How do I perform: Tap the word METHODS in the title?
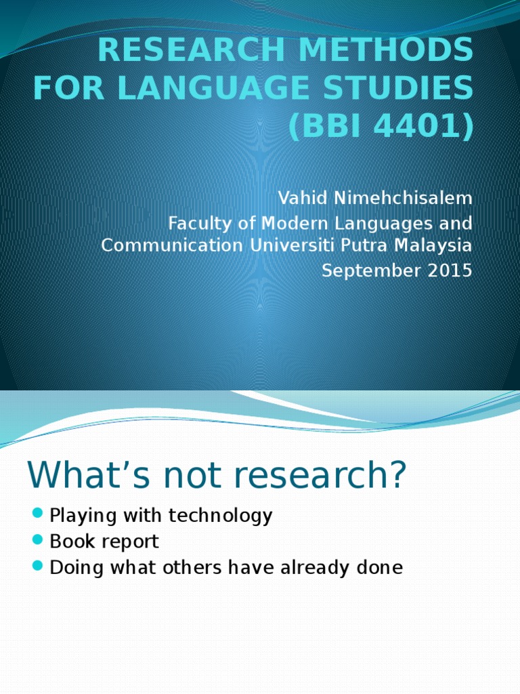coord(399,49)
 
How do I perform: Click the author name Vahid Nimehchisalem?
coord(375,199)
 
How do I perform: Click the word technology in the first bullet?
coord(221,516)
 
